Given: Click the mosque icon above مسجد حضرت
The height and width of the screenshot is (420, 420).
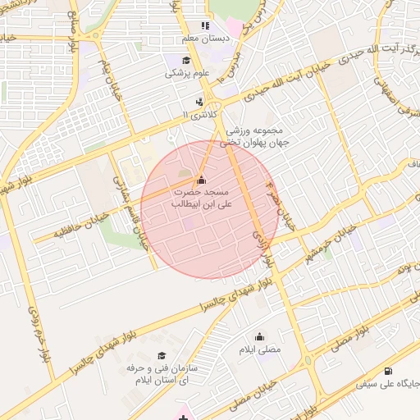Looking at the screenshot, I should coord(202,180).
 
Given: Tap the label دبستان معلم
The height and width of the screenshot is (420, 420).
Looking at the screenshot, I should coord(205,38).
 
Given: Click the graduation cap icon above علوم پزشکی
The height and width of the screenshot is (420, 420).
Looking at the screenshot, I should coord(186,61).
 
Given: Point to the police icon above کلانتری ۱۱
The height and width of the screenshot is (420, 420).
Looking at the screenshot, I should coord(199,102).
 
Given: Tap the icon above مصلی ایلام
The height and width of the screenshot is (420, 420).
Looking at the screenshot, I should coord(260,336).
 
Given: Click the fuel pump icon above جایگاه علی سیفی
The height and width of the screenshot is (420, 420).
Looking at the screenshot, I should coord(387,371).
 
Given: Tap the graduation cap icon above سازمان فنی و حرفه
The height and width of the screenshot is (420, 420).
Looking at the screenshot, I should coord(162,355).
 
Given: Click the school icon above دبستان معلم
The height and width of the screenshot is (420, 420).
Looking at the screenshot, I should coord(205,25).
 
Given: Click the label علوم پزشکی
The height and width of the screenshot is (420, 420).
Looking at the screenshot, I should coord(188,74).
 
